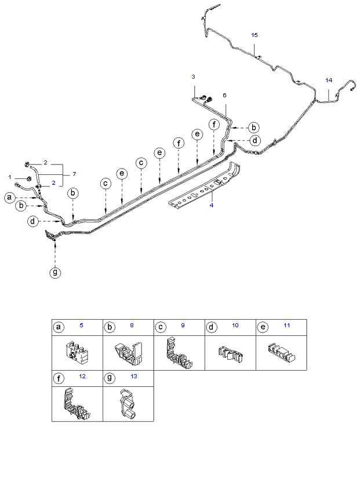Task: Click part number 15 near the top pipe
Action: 254,35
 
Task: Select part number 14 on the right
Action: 329,80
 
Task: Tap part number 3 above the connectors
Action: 193,76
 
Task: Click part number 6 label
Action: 224,95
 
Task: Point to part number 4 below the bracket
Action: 212,205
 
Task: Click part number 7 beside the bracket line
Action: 74,174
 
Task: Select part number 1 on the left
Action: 10,177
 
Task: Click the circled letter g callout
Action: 55,272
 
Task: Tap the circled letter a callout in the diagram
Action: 10,198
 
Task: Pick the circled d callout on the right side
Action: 255,140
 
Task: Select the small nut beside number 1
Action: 28,178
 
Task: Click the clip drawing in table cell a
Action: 77,353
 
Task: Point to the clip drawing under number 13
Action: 128,404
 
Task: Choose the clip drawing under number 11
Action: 281,352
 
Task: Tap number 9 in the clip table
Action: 183,326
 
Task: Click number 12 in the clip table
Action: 82,376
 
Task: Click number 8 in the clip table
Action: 132,326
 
